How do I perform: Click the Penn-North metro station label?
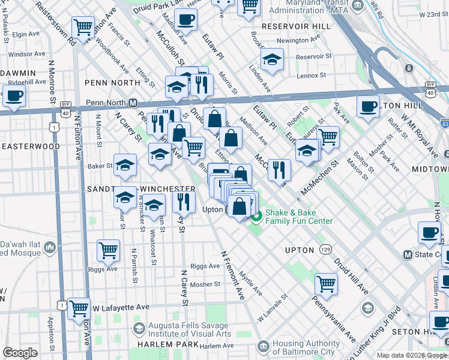[111, 103]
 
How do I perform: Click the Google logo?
[20, 353]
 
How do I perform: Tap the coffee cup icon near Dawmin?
[14, 95]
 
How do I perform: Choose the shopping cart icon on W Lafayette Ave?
[79, 308]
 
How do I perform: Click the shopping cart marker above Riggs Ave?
[108, 250]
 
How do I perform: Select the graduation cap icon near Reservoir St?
[272, 60]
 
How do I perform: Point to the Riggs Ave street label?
[205, 266]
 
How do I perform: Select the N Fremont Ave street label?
[232, 275]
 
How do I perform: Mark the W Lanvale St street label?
[273, 305]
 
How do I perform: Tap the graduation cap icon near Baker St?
[125, 164]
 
